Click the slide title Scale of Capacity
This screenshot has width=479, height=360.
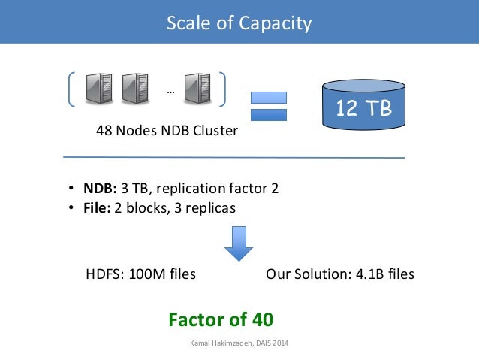(x=239, y=23)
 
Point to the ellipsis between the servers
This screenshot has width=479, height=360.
(x=170, y=92)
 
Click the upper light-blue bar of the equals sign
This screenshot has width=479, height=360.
(x=268, y=97)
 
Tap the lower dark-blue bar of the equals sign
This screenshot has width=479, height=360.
(x=268, y=115)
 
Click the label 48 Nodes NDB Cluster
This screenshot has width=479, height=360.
(x=167, y=131)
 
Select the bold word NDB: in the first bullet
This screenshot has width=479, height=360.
(x=98, y=188)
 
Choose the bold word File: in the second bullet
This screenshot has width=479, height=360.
(x=97, y=208)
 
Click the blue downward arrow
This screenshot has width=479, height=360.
(x=239, y=243)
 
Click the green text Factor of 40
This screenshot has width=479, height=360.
(x=221, y=319)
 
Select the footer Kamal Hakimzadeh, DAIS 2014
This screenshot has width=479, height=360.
(x=240, y=344)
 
